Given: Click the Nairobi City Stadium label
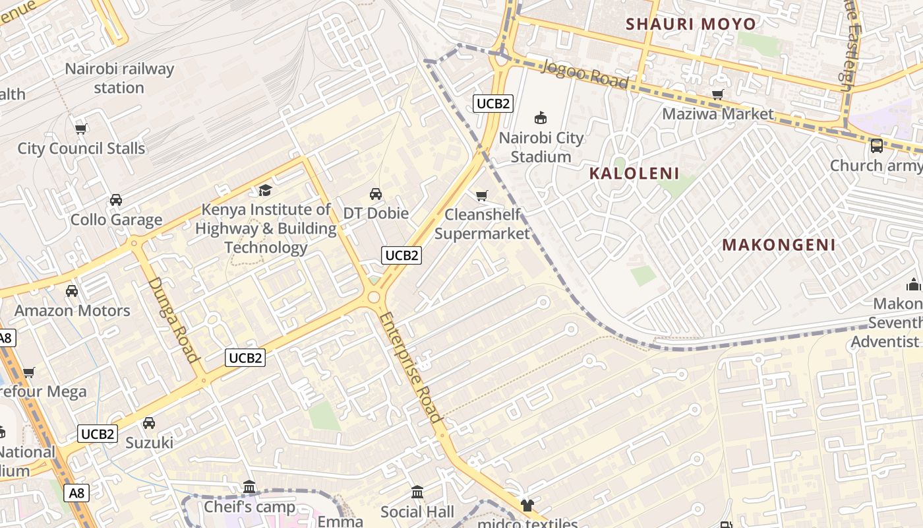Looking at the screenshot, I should point(541,147).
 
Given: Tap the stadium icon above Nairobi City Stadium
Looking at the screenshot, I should point(541,118).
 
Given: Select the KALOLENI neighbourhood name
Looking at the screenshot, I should point(634,174).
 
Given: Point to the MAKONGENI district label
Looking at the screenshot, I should point(779,245).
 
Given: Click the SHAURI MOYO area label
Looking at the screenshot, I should point(691,24).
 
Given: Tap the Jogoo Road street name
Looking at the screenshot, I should point(586,73).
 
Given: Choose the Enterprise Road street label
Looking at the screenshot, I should point(409,366).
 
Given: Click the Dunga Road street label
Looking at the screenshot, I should point(174,319).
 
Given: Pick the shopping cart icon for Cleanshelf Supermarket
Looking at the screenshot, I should point(481,195).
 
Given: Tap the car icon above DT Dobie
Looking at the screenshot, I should point(376,193).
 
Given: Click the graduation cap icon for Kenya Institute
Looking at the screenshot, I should point(265,190).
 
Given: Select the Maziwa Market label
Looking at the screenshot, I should point(717,114).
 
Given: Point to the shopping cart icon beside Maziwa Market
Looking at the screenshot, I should point(718,94).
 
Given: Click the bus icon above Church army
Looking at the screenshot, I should point(877,145).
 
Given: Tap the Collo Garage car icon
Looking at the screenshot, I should point(116,199).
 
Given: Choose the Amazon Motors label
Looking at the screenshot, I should point(73,310).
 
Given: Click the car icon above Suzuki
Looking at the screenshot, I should point(149,422).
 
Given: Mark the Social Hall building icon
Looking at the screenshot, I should point(417,492).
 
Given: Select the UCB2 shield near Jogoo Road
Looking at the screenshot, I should point(493,104).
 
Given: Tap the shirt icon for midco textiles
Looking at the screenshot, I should point(527,506).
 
